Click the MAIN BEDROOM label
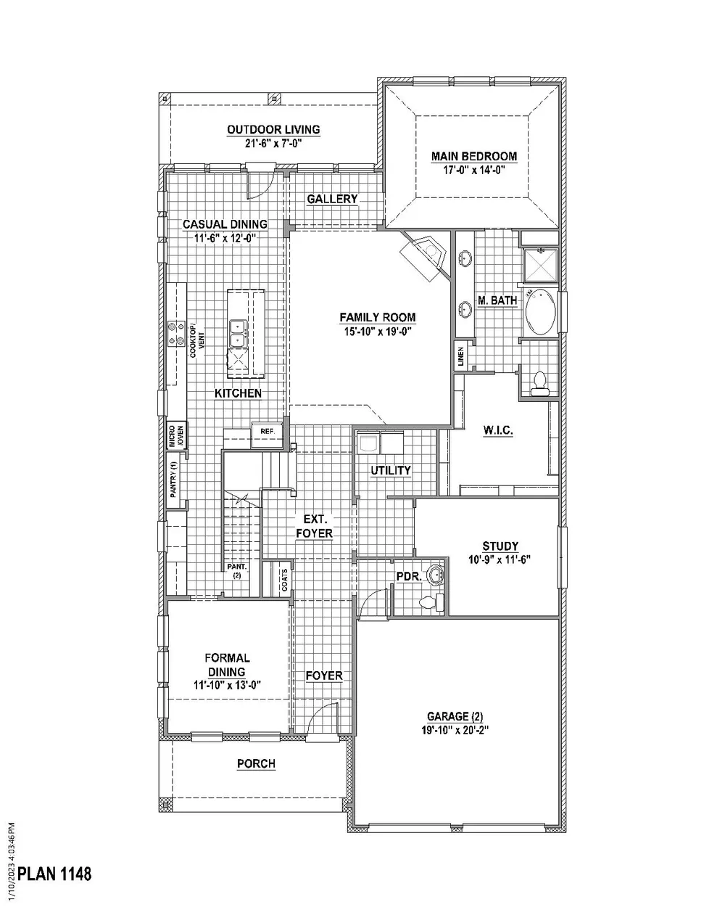click(474, 156)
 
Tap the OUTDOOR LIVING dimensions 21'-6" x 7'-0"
click(273, 144)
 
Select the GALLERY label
click(332, 199)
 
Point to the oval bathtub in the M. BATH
click(540, 313)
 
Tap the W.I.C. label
click(498, 430)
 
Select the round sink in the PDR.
click(435, 575)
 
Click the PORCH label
click(256, 763)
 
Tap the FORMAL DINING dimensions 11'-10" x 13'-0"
click(227, 684)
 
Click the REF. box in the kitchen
click(266, 431)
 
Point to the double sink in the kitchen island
click(238, 334)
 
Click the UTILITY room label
click(391, 470)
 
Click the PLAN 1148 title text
click(55, 873)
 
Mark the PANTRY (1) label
click(173, 479)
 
